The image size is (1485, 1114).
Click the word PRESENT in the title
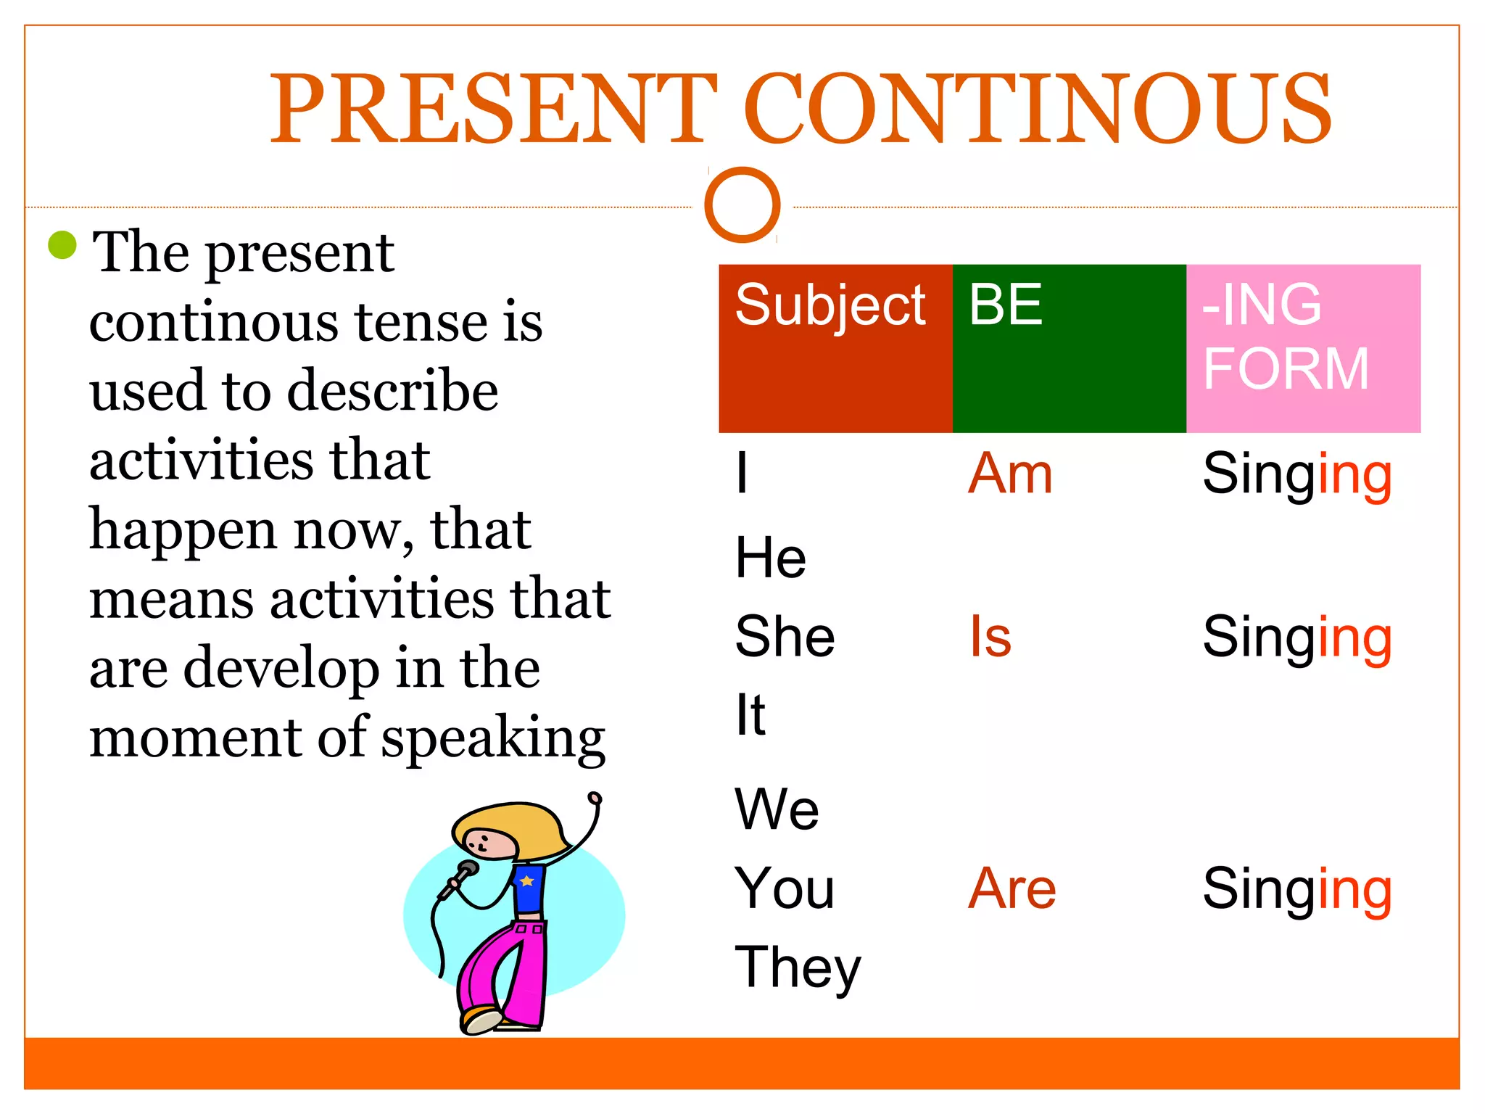click(x=493, y=109)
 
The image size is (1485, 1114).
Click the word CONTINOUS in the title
click(x=1037, y=109)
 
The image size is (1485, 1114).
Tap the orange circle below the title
click(x=742, y=205)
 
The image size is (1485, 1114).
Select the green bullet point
click(x=62, y=245)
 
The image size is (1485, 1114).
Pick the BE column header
click(x=1006, y=305)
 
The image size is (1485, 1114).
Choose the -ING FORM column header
click(x=1285, y=337)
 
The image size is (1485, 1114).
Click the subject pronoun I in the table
click(x=741, y=473)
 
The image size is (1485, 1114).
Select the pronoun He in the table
click(x=770, y=558)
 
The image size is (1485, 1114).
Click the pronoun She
click(x=785, y=636)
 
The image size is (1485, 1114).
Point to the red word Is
click(x=990, y=637)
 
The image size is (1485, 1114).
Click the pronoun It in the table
click(x=750, y=714)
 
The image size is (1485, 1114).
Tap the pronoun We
click(x=777, y=809)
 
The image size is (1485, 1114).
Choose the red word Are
click(x=1012, y=888)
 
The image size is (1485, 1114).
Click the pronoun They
click(x=798, y=968)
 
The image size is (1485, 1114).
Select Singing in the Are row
click(x=1297, y=889)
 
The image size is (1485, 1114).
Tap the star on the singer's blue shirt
click(x=527, y=881)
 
